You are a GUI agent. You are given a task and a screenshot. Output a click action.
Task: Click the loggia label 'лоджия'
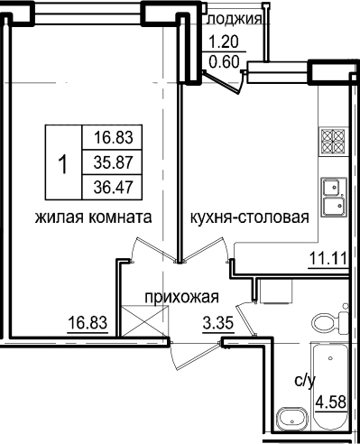[235, 19]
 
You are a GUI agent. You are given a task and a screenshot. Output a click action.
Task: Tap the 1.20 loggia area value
[224, 42]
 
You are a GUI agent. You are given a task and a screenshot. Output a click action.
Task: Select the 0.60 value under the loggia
[225, 62]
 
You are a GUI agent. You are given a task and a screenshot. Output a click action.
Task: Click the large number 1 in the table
[63, 164]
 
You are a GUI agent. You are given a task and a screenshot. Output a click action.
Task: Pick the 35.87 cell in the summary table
[113, 162]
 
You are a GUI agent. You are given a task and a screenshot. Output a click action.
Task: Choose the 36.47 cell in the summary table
[113, 188]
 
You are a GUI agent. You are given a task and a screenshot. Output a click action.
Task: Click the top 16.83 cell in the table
[114, 137]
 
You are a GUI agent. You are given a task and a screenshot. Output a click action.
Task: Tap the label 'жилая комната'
[94, 217]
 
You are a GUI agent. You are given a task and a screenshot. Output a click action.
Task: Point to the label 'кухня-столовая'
[250, 217]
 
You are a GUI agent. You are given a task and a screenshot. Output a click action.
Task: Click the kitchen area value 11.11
[328, 258]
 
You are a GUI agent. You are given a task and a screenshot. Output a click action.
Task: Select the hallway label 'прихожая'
[182, 298]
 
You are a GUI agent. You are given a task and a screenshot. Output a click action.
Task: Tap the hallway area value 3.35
[218, 324]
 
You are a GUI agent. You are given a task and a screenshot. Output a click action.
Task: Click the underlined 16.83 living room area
[88, 323]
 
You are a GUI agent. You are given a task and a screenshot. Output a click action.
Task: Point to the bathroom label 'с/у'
[305, 382]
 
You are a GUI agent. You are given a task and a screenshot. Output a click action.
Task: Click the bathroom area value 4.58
[331, 402]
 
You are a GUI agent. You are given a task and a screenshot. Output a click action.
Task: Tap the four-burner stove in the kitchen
[333, 142]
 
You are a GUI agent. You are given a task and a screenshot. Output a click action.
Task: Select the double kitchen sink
[334, 197]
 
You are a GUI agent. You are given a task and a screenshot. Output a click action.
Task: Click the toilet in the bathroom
[330, 323]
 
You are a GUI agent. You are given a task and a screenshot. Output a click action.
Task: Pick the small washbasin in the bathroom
[292, 420]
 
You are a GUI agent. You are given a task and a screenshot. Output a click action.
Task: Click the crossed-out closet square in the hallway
[144, 320]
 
